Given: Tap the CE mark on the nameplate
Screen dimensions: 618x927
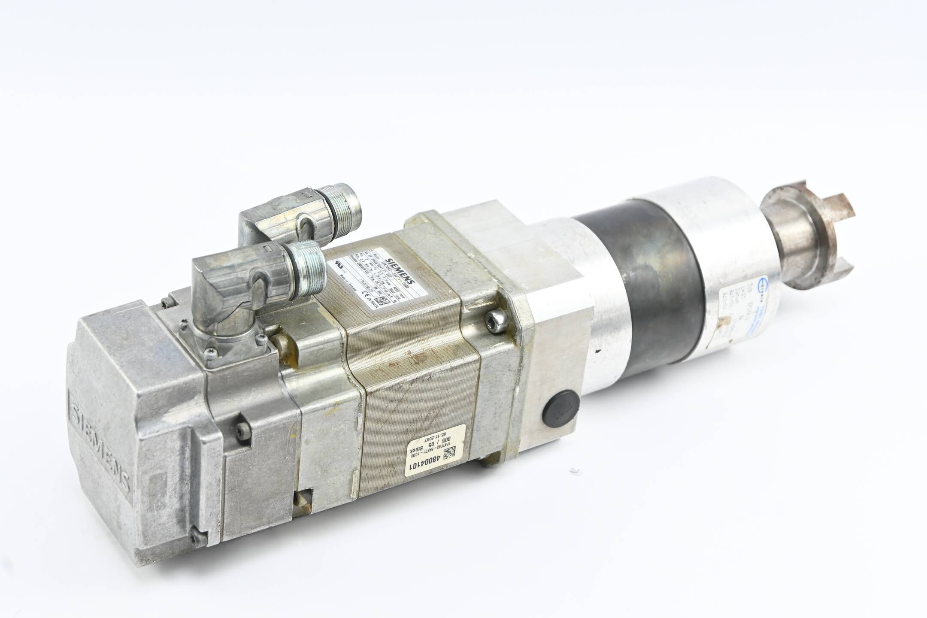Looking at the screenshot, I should click(367, 294).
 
